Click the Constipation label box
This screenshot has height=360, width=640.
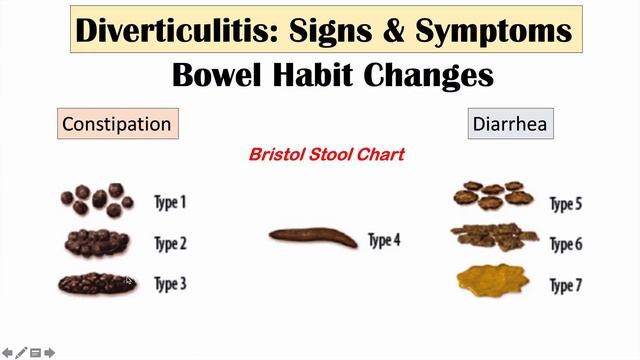[117, 124]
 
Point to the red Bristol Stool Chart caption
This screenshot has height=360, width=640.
[325, 156]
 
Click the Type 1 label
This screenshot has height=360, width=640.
[169, 202]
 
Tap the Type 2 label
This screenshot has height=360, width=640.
[169, 243]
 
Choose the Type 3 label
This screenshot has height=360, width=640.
[169, 284]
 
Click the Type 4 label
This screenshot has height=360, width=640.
[384, 240]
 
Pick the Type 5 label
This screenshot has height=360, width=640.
[566, 204]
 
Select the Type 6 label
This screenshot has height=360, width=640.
[566, 245]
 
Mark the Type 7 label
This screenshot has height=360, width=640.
[566, 285]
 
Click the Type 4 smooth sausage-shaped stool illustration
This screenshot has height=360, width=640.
[313, 238]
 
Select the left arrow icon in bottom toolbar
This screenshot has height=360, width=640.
[7, 352]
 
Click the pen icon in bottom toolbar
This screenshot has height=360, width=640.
[21, 352]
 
